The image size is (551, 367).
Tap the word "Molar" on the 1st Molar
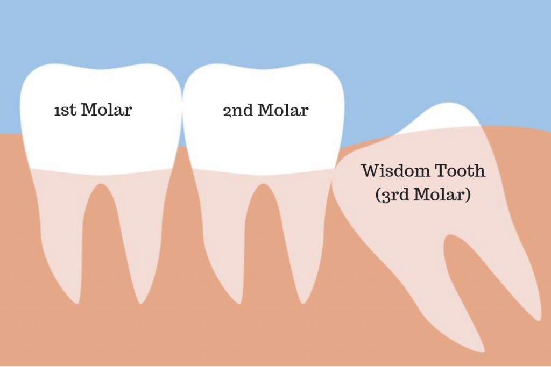pos(107,110)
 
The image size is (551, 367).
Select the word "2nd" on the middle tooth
pos(238,111)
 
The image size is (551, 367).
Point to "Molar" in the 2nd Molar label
pos(283,110)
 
